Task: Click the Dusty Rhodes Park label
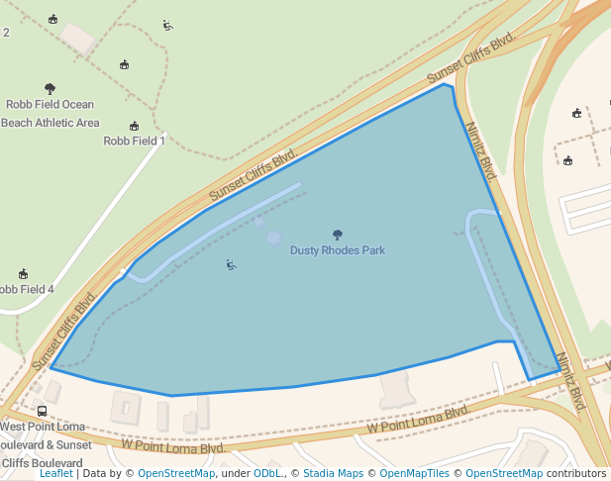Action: pyautogui.click(x=337, y=250)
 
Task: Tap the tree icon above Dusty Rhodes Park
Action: pyautogui.click(x=338, y=236)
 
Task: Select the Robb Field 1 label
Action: pyautogui.click(x=134, y=141)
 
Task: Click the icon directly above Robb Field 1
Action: pyautogui.click(x=135, y=126)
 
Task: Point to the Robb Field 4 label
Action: pyautogui.click(x=27, y=289)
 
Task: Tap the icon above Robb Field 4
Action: pyautogui.click(x=23, y=274)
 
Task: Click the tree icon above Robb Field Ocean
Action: pyautogui.click(x=51, y=89)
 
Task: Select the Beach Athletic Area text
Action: pyautogui.click(x=50, y=123)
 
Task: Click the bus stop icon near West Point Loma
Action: pyautogui.click(x=42, y=411)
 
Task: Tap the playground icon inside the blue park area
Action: pyautogui.click(x=231, y=264)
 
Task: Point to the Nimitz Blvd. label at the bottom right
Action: pyautogui.click(x=571, y=381)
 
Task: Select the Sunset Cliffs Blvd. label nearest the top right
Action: pyautogui.click(x=471, y=58)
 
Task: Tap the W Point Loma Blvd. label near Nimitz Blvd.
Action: pyautogui.click(x=417, y=420)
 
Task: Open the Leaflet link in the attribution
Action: pyautogui.click(x=56, y=473)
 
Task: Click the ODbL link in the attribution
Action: pyautogui.click(x=266, y=473)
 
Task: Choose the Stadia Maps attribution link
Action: pyautogui.click(x=333, y=473)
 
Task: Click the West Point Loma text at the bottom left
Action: pyautogui.click(x=41, y=427)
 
